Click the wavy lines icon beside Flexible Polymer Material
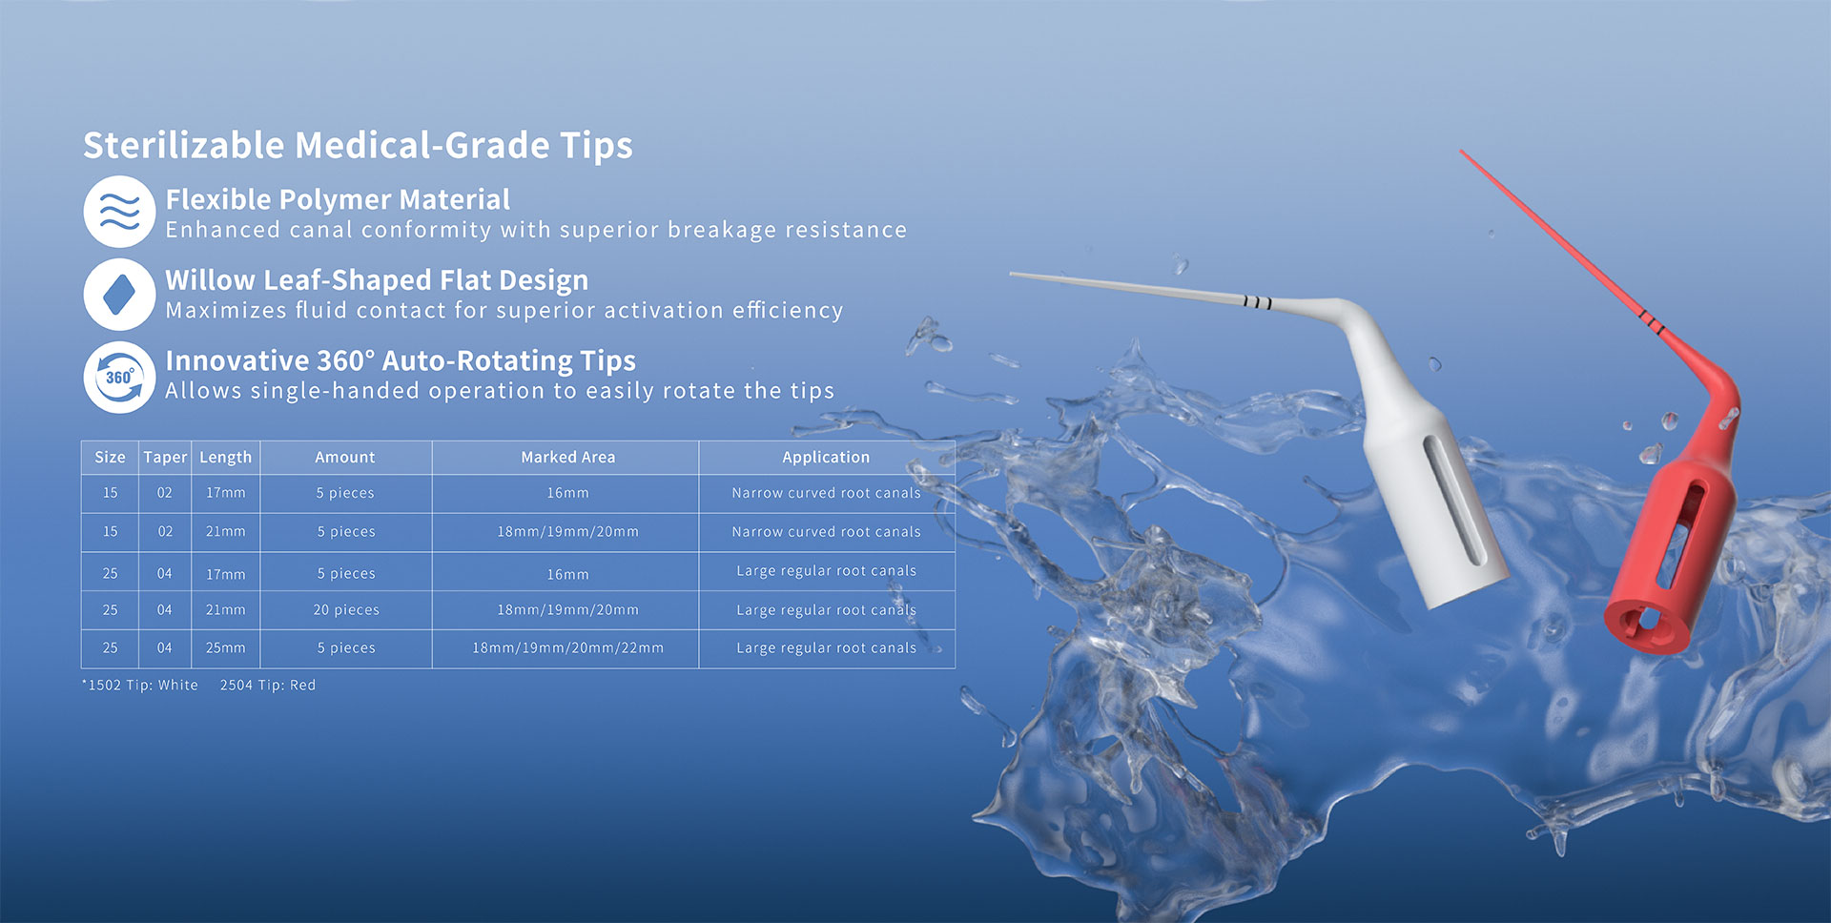(119, 212)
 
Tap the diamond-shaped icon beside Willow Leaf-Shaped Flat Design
(119, 294)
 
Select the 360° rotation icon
(119, 378)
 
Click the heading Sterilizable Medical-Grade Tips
(358, 145)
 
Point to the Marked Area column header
(567, 458)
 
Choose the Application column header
(826, 458)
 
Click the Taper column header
(165, 458)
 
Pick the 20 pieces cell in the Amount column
(346, 610)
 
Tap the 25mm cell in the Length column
(225, 648)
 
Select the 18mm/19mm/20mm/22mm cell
(567, 648)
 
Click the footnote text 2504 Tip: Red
(268, 686)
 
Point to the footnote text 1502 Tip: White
(140, 686)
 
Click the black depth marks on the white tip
(1257, 303)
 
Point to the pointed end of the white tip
(1012, 275)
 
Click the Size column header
(110, 458)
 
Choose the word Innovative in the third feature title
(237, 360)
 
